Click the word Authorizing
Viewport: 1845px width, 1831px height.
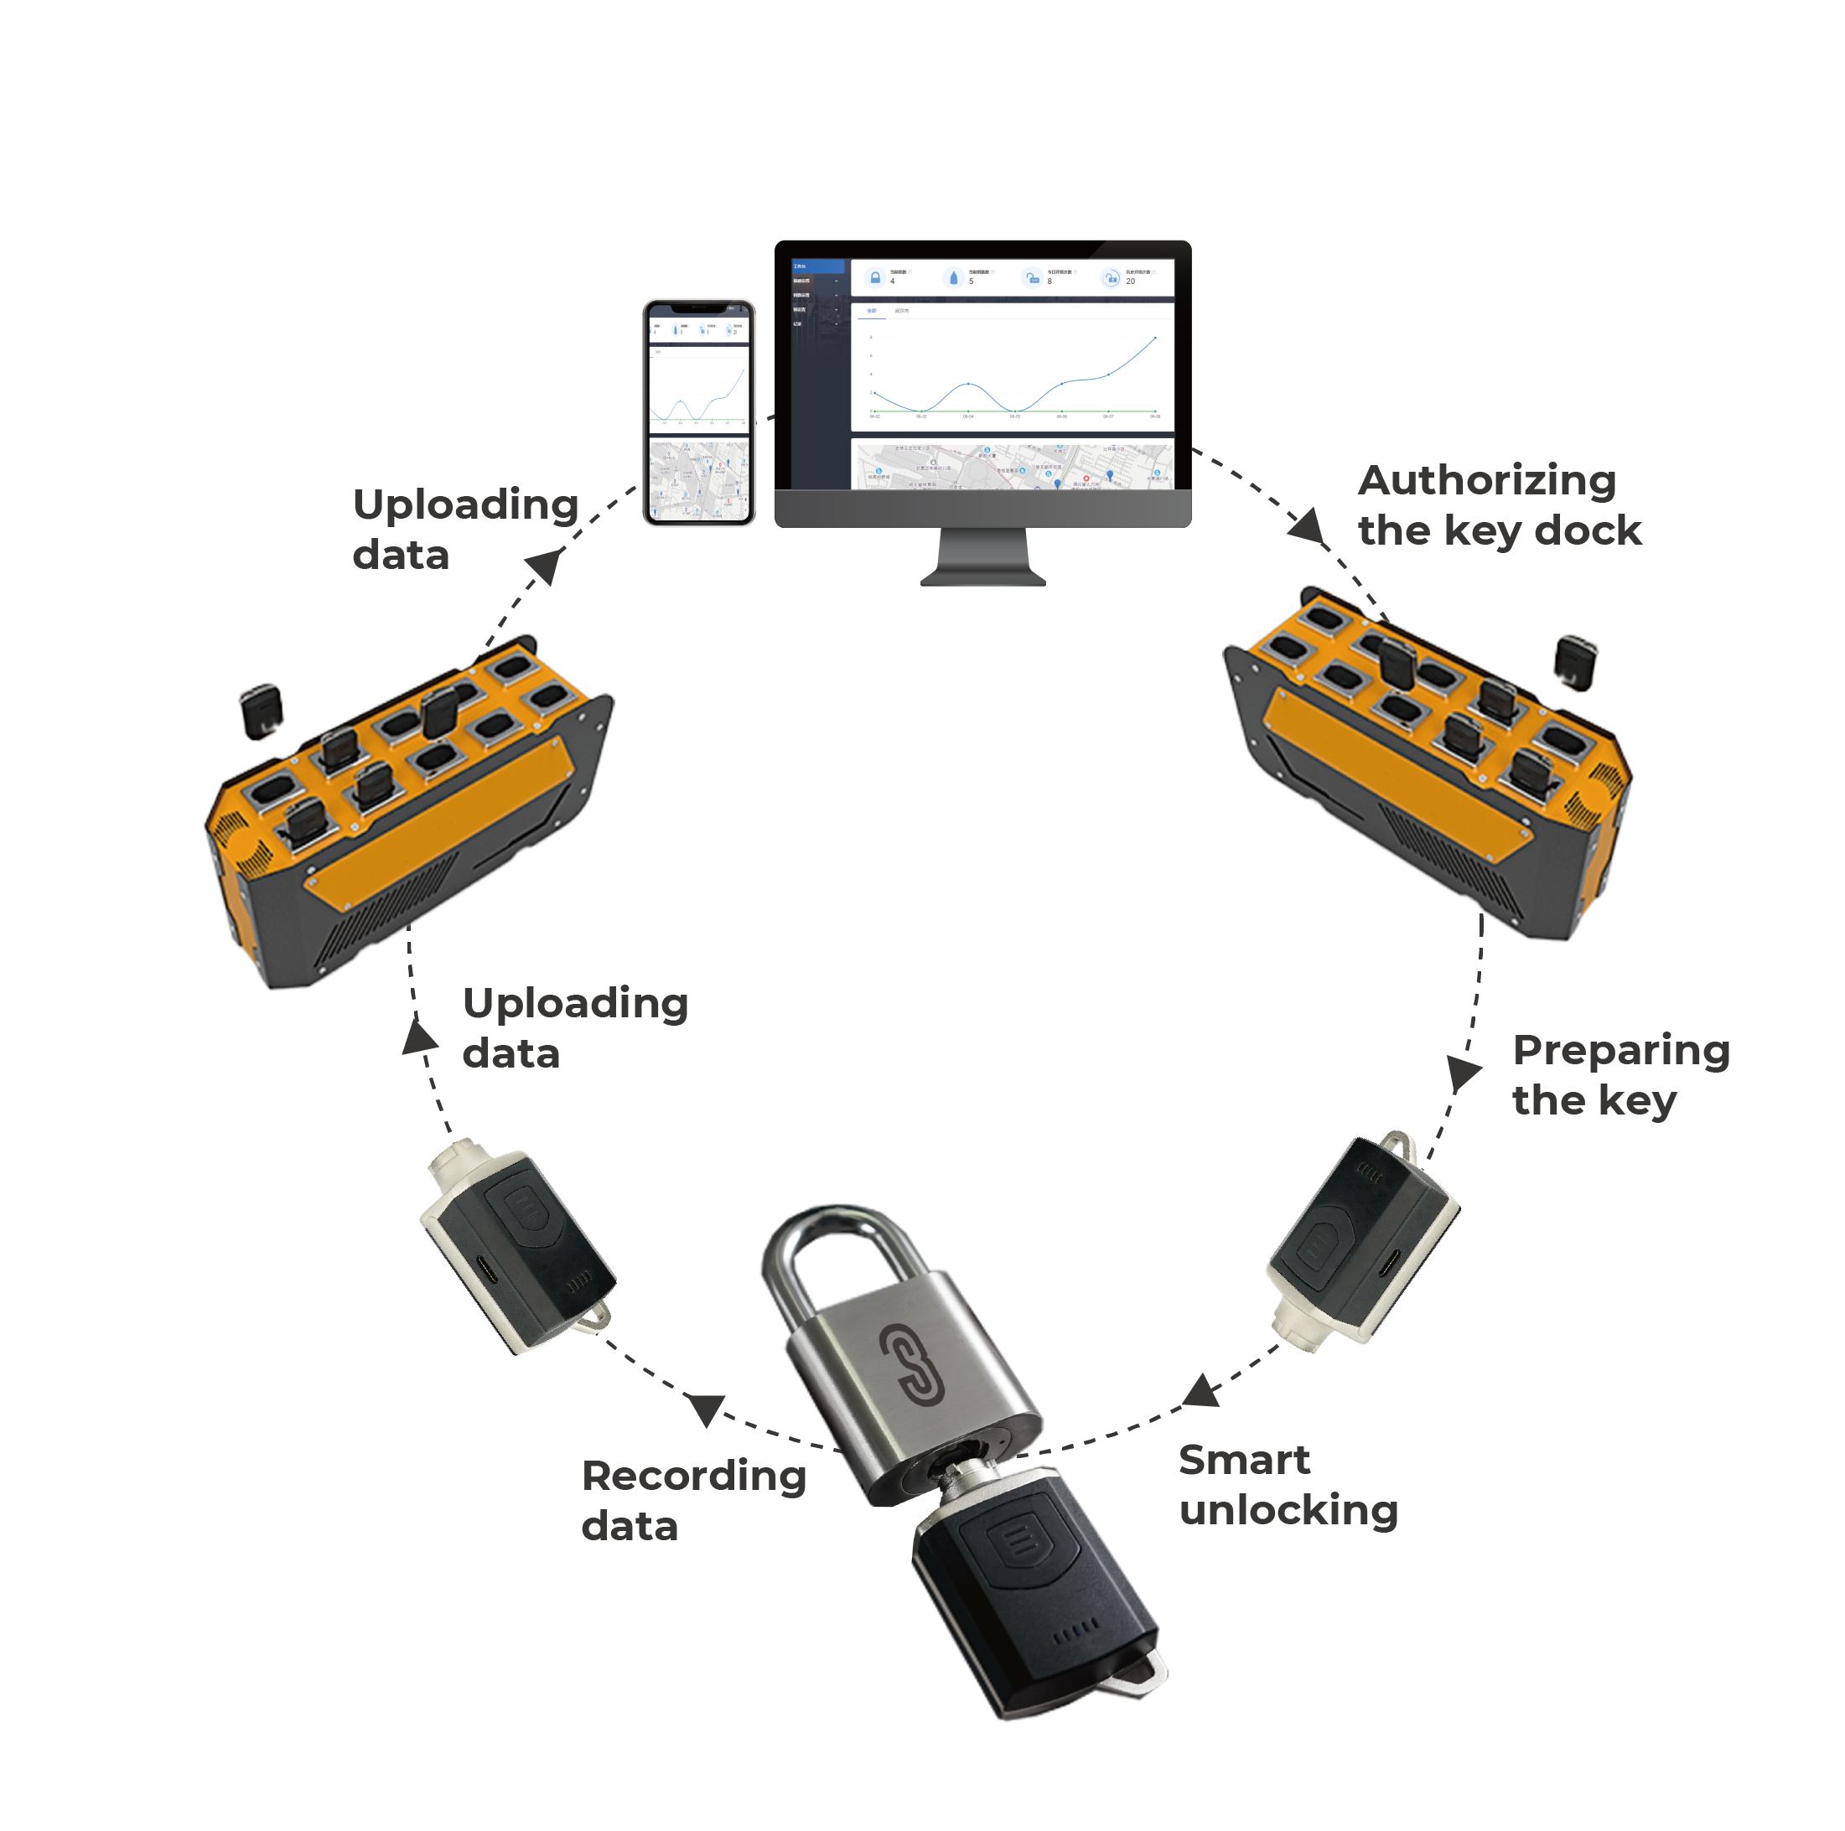[x=1486, y=480]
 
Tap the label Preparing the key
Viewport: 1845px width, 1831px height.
[x=1620, y=1074]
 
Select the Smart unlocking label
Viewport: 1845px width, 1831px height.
[x=1287, y=1484]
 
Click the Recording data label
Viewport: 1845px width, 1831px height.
[x=693, y=1500]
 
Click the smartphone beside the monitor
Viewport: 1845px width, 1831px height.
[x=699, y=412]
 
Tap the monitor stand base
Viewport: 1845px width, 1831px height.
[x=982, y=576]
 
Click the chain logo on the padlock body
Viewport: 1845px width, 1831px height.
[x=911, y=1363]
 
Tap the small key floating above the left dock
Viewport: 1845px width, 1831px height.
[x=261, y=711]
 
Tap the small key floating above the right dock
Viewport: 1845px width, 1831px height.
[x=1575, y=660]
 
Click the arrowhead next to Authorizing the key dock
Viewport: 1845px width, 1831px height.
[x=1309, y=527]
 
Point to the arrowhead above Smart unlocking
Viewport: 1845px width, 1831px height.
[x=1201, y=1392]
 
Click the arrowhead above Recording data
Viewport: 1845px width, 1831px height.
[x=707, y=1408]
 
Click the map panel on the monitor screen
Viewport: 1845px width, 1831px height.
[x=1013, y=466]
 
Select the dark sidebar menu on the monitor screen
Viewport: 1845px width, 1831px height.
[x=818, y=372]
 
